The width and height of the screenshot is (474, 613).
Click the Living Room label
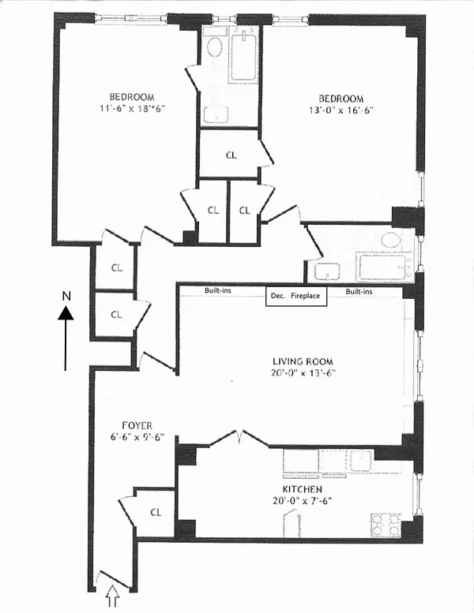[303, 361]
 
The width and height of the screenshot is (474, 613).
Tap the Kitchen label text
[302, 489]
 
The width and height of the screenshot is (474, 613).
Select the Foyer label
[137, 425]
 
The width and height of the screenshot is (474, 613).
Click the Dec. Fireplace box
[296, 296]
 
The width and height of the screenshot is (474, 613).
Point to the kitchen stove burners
[386, 525]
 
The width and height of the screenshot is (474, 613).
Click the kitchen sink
[361, 460]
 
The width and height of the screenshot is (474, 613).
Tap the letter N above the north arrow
[66, 297]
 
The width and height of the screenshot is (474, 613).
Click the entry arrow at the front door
[112, 596]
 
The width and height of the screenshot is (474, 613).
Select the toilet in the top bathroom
[214, 47]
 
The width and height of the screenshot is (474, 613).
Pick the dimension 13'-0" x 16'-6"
[341, 110]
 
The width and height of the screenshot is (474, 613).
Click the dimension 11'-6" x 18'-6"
[131, 108]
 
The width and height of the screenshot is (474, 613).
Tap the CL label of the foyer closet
[156, 512]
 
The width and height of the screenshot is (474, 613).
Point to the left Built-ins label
[218, 290]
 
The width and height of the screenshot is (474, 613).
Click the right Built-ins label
[359, 291]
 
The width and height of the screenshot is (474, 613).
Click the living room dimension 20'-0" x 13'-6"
[303, 372]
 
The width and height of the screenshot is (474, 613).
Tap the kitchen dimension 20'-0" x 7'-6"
[302, 501]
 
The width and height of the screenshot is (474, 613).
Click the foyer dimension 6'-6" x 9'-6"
[137, 437]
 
